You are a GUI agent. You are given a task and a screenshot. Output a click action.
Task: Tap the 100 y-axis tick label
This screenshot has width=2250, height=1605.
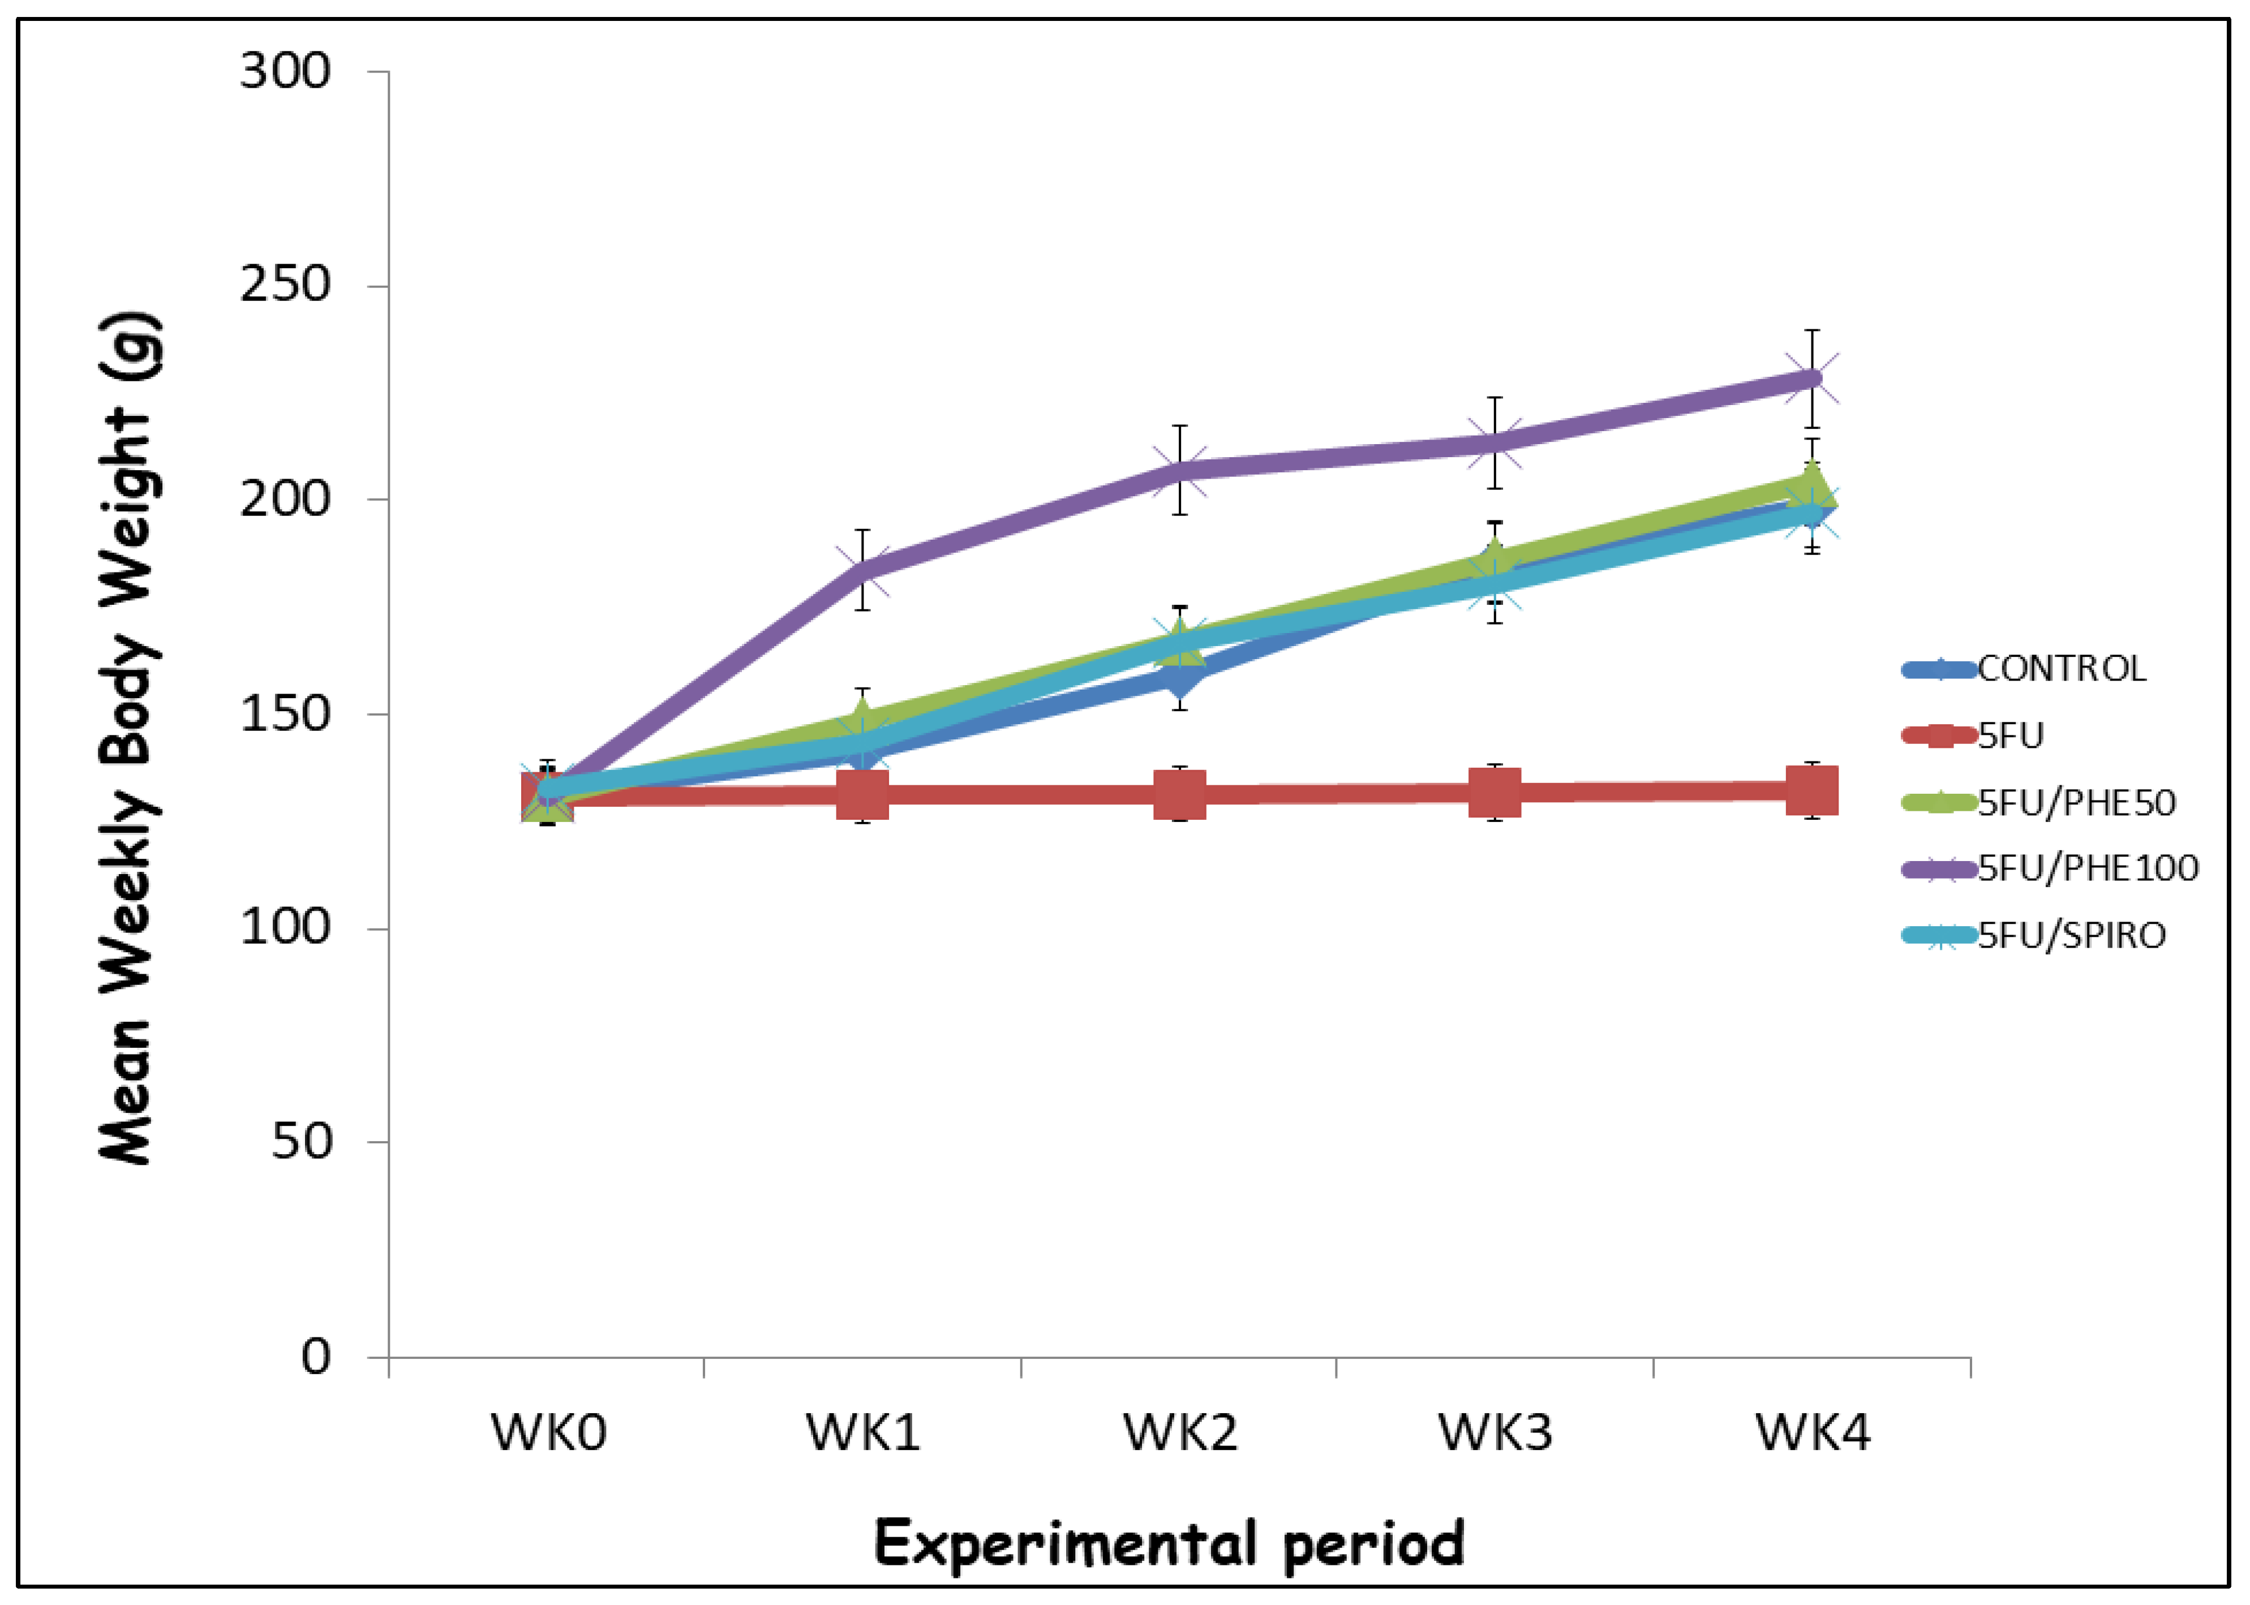[x=285, y=927]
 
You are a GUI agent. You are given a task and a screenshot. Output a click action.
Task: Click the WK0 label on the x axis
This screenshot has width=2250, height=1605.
[x=549, y=1432]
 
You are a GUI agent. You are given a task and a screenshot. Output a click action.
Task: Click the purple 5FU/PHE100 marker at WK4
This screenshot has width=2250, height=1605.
[x=1811, y=378]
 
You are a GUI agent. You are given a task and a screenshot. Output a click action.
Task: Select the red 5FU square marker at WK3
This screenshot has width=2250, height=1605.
[x=1495, y=793]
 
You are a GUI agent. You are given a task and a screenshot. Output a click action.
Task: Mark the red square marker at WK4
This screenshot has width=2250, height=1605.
[x=1811, y=791]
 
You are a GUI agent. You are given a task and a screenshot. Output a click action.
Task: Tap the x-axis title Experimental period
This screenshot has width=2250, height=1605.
[x=1170, y=1544]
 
